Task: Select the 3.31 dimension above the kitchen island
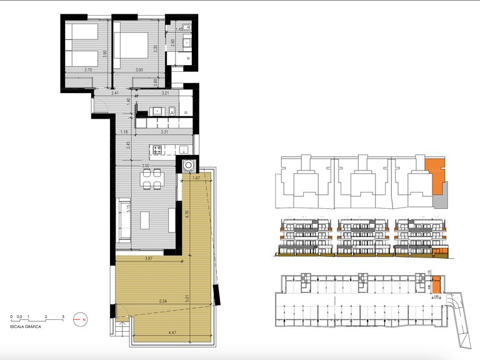click(164, 132)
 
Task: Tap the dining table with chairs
click(151, 180)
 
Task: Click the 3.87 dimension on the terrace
click(149, 258)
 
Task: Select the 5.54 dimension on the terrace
click(162, 302)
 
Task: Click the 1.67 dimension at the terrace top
click(196, 179)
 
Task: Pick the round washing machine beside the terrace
click(189, 166)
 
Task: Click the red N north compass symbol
click(79, 319)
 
